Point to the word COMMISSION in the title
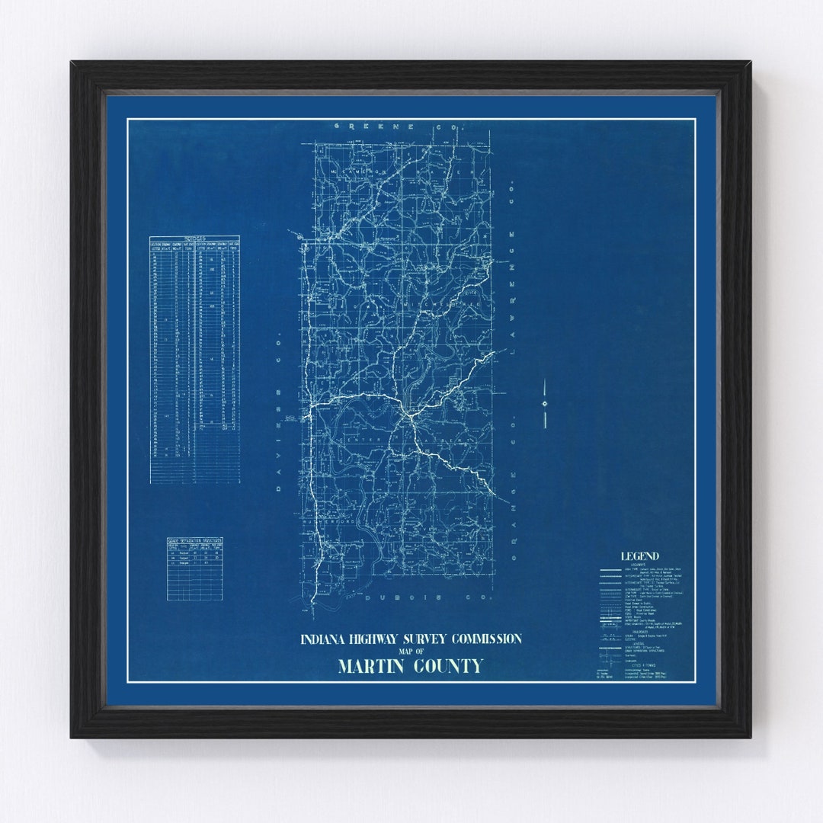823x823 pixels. click(x=485, y=638)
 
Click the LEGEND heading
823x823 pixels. click(x=639, y=556)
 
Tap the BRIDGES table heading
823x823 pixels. click(x=194, y=239)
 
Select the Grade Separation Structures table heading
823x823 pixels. click(x=194, y=541)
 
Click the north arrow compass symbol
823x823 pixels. click(x=544, y=402)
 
